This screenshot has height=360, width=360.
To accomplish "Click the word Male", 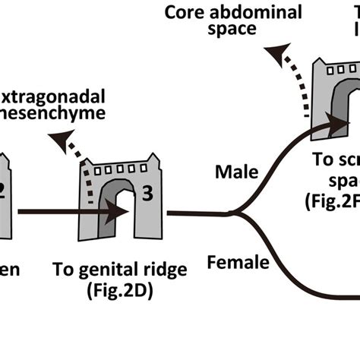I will click(236, 172).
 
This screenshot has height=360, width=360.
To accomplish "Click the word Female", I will click(238, 264).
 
